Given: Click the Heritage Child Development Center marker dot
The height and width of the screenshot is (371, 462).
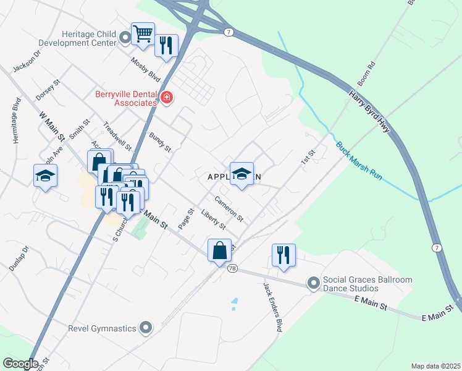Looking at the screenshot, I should pos(125,38).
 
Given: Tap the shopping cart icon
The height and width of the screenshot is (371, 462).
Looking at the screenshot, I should pos(143,33).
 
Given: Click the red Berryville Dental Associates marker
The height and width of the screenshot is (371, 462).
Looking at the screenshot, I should pos(166,98).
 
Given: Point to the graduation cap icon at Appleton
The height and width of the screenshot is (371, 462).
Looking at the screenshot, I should pos(242,173).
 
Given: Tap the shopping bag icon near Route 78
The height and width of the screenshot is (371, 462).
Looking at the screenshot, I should pos(219,250).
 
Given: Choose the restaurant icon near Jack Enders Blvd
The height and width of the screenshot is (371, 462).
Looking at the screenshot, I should pos(283,255).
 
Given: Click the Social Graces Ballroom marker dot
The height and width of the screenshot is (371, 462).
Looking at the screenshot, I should pos(314,284).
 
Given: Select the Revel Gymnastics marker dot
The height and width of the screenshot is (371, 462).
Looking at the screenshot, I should pos(146,327).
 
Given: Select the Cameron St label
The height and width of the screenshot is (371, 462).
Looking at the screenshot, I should pos(229,209).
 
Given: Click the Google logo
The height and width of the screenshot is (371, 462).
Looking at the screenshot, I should pos(20,363).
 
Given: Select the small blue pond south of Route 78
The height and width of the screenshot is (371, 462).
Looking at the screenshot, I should pos(233,304).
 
